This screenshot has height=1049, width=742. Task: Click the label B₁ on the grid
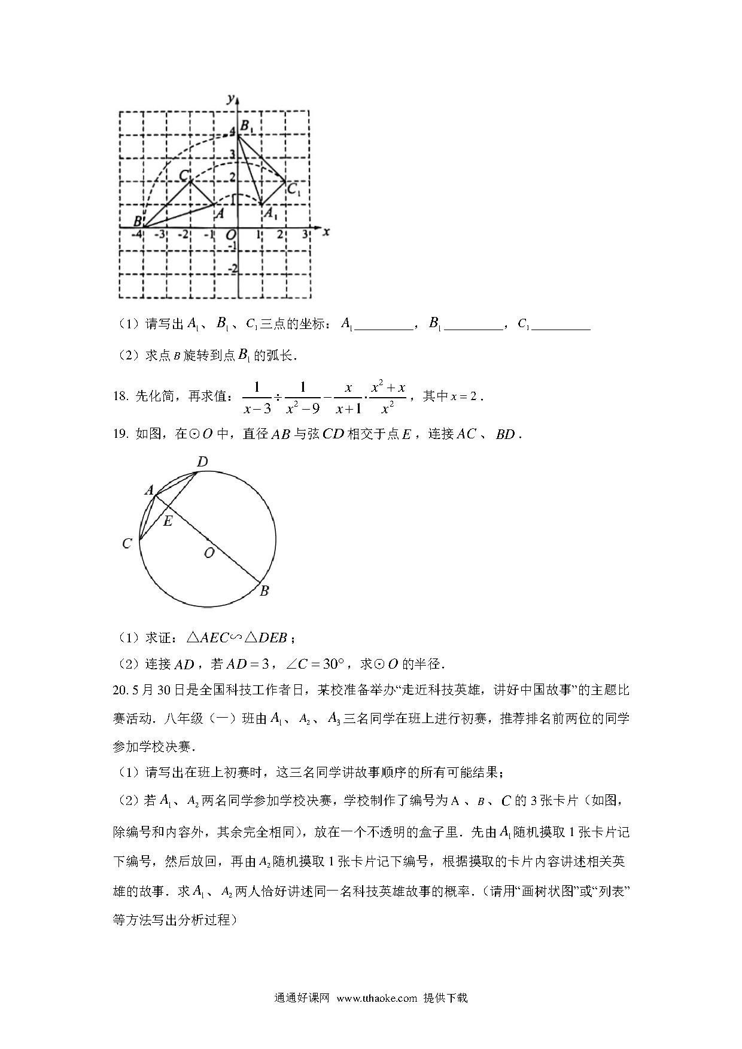247,127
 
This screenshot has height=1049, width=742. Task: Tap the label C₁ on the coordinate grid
293,190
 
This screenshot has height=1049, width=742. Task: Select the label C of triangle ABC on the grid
185,175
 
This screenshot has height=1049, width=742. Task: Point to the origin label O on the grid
230,236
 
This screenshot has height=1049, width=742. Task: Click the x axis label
326,231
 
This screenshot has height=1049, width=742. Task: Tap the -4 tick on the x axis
138,234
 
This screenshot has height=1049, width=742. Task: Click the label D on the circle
202,462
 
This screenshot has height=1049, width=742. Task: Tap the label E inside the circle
168,521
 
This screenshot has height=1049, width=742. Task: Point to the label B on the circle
264,591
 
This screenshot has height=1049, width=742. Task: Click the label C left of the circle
127,544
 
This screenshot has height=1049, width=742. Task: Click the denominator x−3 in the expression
257,408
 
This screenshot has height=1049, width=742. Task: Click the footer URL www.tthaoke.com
376,998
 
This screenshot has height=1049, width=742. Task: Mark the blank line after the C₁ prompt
561,326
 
